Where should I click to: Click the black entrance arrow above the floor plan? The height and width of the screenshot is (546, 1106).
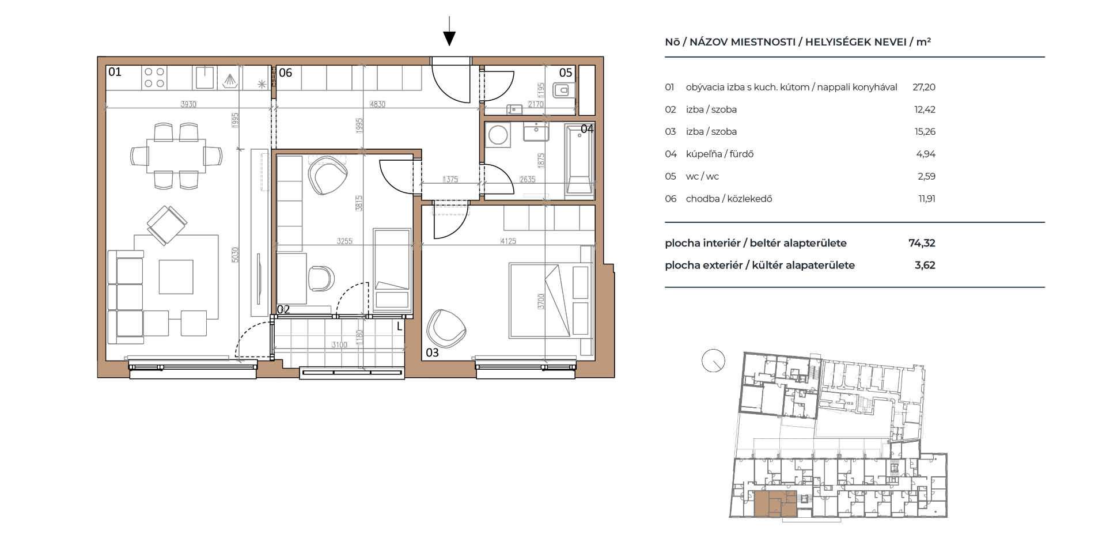[x=449, y=31]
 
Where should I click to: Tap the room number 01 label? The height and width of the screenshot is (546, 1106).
[x=115, y=72]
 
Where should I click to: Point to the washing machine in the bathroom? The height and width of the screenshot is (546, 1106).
[x=498, y=136]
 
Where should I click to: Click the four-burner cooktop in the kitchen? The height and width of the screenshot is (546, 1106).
[x=154, y=78]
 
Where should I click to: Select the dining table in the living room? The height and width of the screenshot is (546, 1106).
[x=176, y=156]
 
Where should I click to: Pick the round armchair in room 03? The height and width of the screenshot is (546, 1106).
[x=445, y=329]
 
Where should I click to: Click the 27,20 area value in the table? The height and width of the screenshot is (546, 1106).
[x=924, y=88]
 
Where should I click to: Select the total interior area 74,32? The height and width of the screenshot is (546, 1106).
[x=922, y=243]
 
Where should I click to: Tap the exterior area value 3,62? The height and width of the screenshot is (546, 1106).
[x=925, y=266]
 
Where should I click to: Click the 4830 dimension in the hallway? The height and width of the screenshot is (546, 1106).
[x=377, y=104]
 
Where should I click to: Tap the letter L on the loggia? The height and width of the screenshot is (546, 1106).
[x=399, y=327]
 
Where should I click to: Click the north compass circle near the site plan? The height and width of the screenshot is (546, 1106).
[x=713, y=361]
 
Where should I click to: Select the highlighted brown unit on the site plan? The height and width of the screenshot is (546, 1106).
[x=775, y=504]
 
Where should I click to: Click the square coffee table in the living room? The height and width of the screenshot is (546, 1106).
[x=176, y=276]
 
